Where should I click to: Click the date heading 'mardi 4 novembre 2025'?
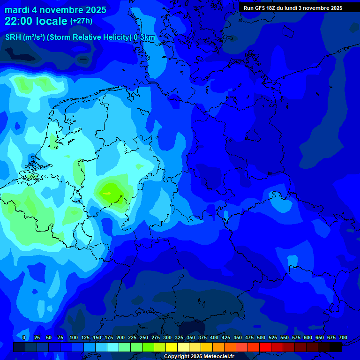[x=55, y=10]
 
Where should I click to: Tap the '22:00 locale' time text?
[x=36, y=21]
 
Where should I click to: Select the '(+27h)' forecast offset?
[x=81, y=21]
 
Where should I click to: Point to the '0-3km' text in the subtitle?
[x=144, y=37]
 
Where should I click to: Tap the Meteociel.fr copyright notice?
[x=198, y=357]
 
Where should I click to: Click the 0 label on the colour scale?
[x=24, y=338]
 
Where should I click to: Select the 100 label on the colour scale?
[x=74, y=338]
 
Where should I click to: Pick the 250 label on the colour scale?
[x=144, y=338]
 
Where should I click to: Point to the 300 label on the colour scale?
[x=167, y=338]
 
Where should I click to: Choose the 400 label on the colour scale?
[x=214, y=338]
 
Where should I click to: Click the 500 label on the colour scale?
[x=261, y=338]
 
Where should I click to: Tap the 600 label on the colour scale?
[x=308, y=338]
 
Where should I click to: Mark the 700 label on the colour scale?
[x=343, y=338]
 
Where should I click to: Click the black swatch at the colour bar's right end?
[x=336, y=347]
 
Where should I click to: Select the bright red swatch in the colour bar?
[x=265, y=347]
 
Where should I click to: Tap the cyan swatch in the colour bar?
[x=113, y=347]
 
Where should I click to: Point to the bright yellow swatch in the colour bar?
[x=172, y=347]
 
